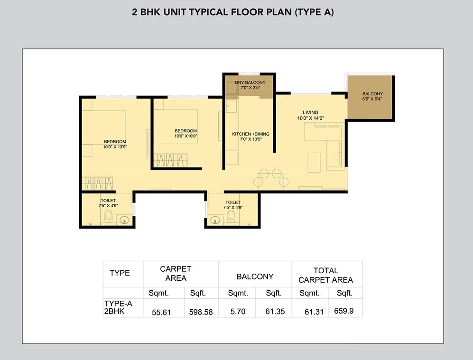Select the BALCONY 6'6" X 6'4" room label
[372, 96]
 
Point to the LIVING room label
[310, 115]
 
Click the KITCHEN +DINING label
[250, 137]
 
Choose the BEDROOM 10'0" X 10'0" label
[185, 133]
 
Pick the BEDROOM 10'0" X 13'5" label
[115, 144]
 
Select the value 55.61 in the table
[161, 312]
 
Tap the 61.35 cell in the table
[273, 312]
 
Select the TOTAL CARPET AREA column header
[326, 275]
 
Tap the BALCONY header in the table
[255, 276]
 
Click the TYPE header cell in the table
[120, 273]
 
